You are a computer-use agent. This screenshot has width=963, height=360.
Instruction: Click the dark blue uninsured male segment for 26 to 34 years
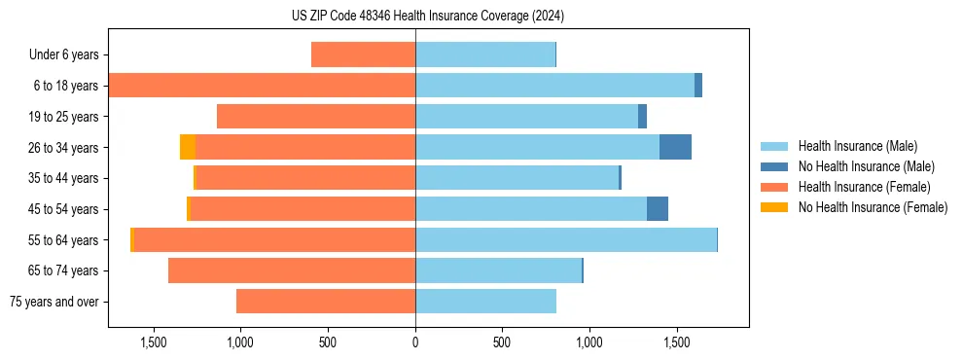675,147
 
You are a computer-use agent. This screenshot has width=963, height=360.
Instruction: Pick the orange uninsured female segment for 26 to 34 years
188,147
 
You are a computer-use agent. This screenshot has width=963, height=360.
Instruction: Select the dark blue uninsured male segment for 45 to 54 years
658,208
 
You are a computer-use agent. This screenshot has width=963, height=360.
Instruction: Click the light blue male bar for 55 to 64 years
565,239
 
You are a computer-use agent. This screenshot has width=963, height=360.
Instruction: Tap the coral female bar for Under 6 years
363,54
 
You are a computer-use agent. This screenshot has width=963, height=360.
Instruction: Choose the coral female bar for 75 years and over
326,302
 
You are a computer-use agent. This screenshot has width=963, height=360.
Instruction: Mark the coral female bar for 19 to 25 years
316,117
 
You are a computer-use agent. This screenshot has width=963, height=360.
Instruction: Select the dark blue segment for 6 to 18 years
698,86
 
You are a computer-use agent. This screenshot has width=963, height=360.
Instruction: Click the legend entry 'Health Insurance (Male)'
857,146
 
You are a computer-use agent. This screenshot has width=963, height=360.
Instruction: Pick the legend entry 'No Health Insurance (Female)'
873,207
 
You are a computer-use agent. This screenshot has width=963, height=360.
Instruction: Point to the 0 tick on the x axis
415,342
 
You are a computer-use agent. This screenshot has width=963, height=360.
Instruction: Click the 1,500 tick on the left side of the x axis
154,342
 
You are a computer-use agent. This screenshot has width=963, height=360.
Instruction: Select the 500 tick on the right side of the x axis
502,342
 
